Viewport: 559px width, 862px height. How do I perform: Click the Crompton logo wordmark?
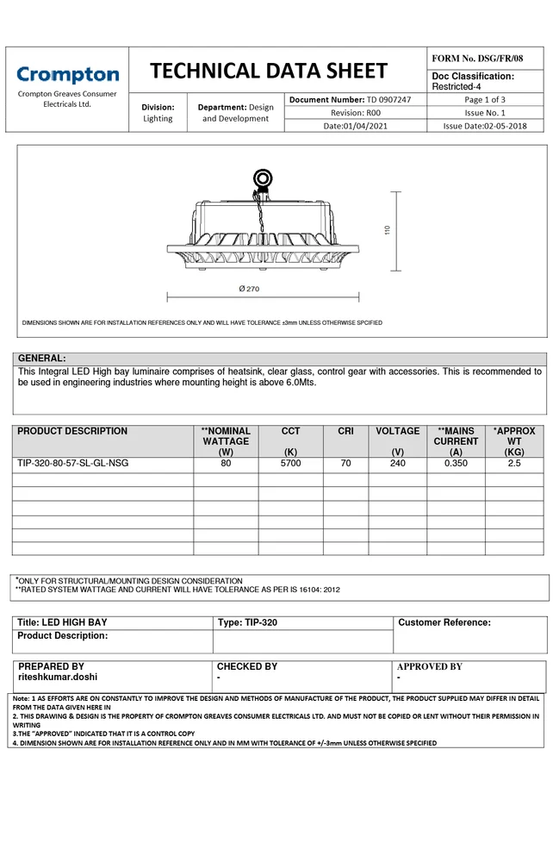pos(67,75)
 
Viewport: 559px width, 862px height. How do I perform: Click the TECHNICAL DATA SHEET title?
pos(269,71)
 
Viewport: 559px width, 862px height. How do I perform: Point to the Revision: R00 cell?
pos(355,113)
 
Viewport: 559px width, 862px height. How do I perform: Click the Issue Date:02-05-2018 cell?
pos(484,126)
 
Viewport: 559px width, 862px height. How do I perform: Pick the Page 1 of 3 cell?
pos(485,100)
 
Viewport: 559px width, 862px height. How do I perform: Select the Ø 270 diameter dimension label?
pos(249,289)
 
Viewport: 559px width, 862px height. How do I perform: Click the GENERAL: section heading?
pos(42,359)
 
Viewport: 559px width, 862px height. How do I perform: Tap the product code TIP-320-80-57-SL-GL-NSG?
pos(73,464)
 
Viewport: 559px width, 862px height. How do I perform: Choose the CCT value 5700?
pos(291,464)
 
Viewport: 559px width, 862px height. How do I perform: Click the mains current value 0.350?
pos(456,464)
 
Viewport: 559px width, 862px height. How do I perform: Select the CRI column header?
pos(345,431)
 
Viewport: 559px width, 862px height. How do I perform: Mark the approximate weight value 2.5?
pos(514,464)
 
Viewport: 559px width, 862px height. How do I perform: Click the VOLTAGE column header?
pos(397,431)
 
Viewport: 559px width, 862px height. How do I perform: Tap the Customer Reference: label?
pos(444,622)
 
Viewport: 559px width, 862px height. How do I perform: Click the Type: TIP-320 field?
pos(248,622)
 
